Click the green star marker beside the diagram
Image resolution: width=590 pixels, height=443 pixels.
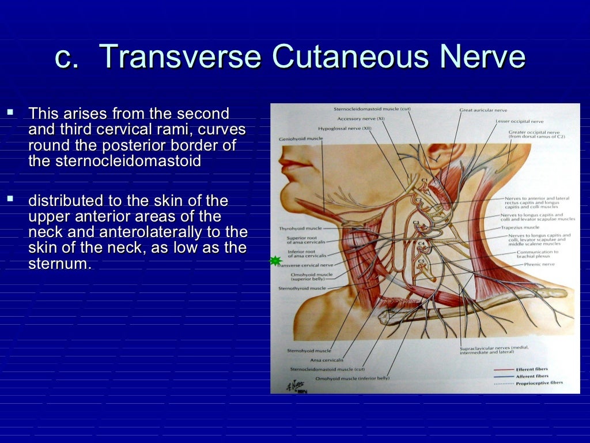tap(276, 261)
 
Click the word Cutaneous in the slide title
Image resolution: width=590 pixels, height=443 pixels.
tap(348, 58)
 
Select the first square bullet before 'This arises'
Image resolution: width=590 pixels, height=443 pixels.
tap(10, 108)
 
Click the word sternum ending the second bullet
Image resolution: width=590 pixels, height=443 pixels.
tap(59, 265)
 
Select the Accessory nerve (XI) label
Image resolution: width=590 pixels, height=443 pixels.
tap(361, 118)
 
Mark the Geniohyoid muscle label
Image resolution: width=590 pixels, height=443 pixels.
tap(301, 138)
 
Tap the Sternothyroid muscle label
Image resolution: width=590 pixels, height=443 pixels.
tap(302, 288)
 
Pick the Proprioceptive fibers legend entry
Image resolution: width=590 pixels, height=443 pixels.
tap(539, 382)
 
